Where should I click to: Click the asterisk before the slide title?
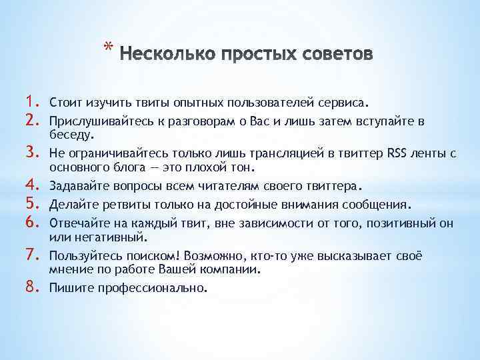pyautogui.click(x=108, y=47)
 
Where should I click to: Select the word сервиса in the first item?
pyautogui.click(x=343, y=104)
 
